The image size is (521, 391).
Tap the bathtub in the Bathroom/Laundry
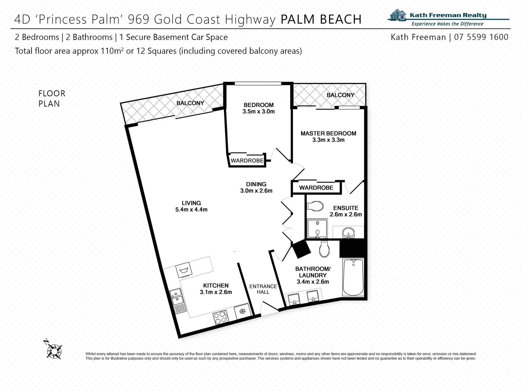pos(353,277)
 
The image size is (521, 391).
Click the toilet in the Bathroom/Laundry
pos(324,249)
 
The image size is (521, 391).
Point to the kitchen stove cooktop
pos(220,318)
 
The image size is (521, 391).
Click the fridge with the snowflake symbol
pos(242,311)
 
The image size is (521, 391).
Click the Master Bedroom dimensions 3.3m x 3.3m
pos(328,140)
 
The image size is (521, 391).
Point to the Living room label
pos(191,203)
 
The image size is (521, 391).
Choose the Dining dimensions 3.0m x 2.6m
pos(256,191)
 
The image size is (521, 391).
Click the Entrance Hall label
pos(263,289)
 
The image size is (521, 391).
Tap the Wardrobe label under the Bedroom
pos(247,161)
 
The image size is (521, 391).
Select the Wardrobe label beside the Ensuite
pos(316,188)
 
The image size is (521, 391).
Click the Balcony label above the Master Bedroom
pos(340,95)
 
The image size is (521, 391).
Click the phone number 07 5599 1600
pos(481,37)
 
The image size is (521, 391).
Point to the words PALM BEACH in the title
pos(321,19)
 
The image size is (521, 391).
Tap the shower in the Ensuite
pos(317,229)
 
